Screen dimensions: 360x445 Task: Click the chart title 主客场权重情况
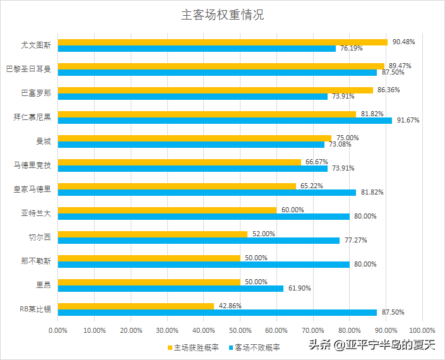pos(222,15)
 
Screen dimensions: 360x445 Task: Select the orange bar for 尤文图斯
pos(223,42)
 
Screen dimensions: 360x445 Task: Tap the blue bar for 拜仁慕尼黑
pos(225,120)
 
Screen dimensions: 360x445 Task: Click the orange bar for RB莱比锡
pos(136,306)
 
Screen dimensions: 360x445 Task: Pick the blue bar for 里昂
pos(170,288)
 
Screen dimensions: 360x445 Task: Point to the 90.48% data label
pos(403,42)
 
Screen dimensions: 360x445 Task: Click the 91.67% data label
pos(408,120)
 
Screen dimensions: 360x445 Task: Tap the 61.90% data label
pos(299,288)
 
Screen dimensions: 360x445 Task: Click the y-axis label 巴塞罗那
pos(36,93)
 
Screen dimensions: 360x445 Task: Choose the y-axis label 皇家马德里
pos(32,188)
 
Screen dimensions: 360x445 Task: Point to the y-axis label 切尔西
pos(40,237)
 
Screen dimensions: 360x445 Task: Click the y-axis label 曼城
pos(44,141)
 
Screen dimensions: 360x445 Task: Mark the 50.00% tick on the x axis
pos(240,330)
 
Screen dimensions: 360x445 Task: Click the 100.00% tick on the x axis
pos(422,330)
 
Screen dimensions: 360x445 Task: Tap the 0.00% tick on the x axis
pos(58,330)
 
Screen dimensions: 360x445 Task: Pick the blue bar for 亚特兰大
pos(203,216)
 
